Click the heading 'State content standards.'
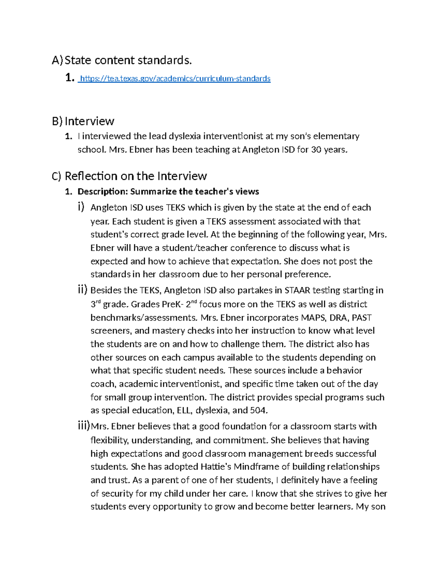(x=128, y=60)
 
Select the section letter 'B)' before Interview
(x=57, y=121)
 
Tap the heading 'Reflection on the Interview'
(x=136, y=176)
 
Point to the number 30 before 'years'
(x=316, y=149)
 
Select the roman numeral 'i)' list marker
(x=81, y=207)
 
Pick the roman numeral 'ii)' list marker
(x=82, y=290)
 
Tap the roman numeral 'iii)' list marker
(x=84, y=426)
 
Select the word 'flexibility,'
(x=110, y=440)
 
